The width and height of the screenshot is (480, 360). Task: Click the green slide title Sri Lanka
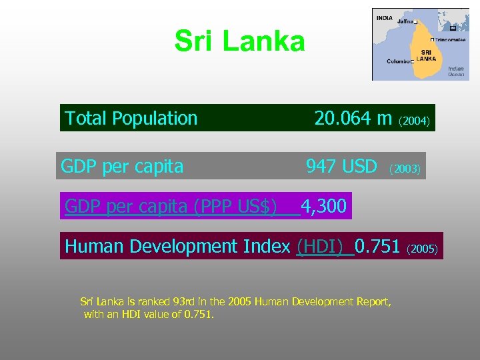click(x=239, y=41)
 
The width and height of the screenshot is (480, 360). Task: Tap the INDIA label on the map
click(x=385, y=18)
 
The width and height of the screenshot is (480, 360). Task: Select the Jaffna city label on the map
click(x=405, y=22)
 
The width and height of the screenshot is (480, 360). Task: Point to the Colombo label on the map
click(x=398, y=61)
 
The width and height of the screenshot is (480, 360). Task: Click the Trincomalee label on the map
click(x=451, y=40)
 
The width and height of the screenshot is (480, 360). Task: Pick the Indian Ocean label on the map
click(x=456, y=71)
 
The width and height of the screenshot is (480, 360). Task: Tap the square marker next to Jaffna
click(x=415, y=23)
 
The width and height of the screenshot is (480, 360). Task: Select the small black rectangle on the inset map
click(x=453, y=28)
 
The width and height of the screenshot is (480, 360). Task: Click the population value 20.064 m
click(x=353, y=119)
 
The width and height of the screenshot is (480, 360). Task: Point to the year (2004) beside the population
click(x=417, y=121)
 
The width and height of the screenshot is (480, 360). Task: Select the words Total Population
click(x=131, y=119)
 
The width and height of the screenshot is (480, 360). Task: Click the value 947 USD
click(x=341, y=166)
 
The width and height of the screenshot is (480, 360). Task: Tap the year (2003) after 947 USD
click(x=405, y=169)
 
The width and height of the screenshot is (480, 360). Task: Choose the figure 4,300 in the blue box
click(x=324, y=207)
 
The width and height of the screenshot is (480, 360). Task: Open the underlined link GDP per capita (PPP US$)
click(x=171, y=207)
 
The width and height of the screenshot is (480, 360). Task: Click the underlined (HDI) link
click(x=323, y=247)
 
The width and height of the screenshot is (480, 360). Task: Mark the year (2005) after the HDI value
click(x=421, y=249)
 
